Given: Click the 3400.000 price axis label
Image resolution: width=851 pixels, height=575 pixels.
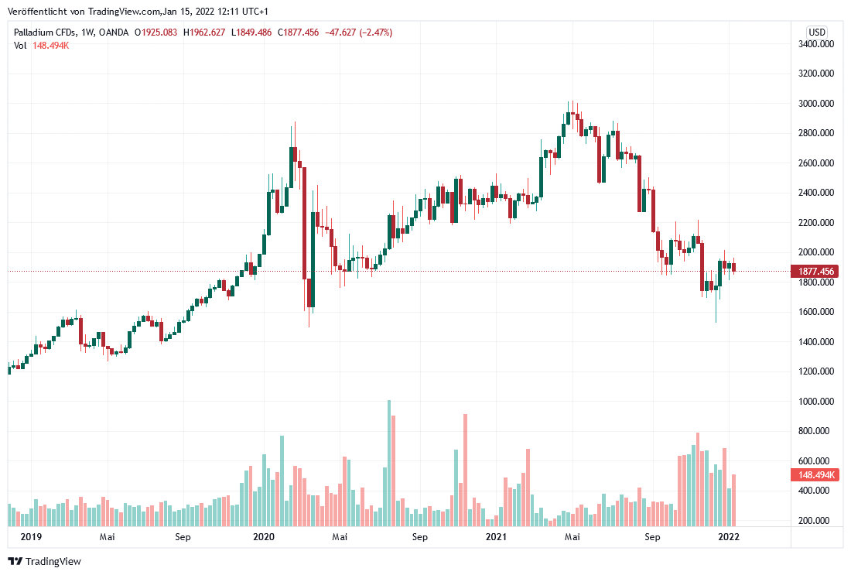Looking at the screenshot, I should click(x=816, y=44).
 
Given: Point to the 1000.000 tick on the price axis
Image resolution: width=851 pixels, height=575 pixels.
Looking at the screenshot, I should click(x=816, y=402).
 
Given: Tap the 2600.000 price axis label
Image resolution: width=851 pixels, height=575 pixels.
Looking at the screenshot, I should click(x=816, y=163).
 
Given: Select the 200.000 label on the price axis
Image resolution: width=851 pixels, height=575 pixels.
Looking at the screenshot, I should click(x=816, y=521).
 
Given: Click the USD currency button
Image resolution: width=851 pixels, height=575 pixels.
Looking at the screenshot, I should click(x=817, y=32).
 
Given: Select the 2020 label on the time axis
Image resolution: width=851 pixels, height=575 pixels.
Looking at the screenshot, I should click(x=265, y=536).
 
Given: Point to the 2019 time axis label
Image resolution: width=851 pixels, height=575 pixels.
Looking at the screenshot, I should click(x=31, y=536).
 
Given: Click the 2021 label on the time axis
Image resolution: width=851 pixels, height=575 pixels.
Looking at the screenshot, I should click(x=496, y=536).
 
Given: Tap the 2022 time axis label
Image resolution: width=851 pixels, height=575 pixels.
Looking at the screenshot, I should click(x=728, y=536).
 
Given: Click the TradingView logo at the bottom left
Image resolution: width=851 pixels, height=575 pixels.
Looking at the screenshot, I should click(x=45, y=561).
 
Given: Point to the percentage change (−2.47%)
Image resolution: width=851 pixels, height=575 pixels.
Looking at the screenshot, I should click(x=370, y=33).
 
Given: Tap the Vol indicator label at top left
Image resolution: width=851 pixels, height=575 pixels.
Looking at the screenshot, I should click(x=20, y=46).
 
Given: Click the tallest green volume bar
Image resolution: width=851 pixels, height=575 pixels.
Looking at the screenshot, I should click(x=389, y=463).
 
